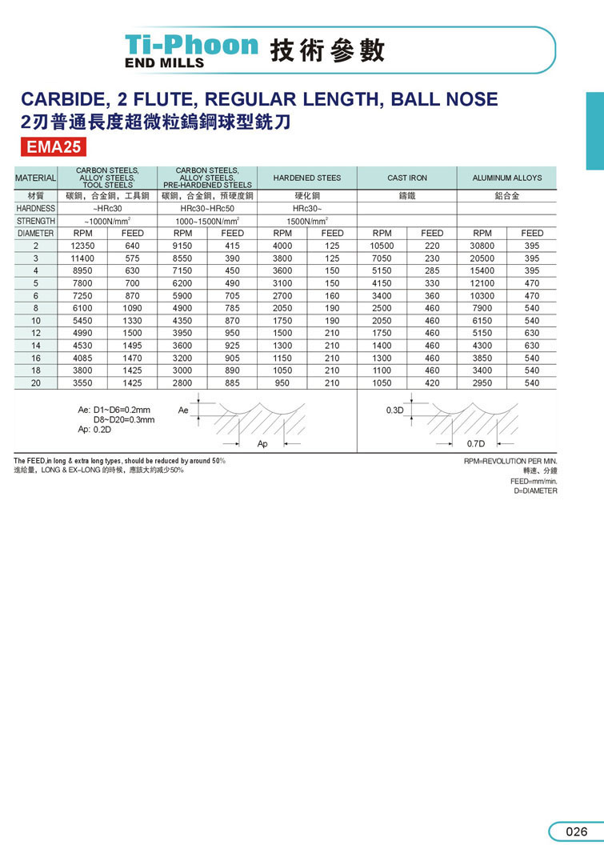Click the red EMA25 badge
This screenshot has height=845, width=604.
coord(50,147)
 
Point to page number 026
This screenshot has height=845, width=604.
coord(576,831)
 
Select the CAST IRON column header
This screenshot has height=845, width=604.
coord(406,178)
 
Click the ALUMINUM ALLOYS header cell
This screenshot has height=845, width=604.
coord(506,178)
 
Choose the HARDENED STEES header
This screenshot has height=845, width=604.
coord(306,178)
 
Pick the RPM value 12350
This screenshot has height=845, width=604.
coord(83,246)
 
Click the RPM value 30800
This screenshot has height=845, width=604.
coord(482,246)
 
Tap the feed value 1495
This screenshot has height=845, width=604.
coord(132,346)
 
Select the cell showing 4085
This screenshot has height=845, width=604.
coord(83,358)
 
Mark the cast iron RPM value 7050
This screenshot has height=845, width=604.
coord(382,258)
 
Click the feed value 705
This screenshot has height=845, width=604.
coord(232,296)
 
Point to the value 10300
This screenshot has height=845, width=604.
coord(482,296)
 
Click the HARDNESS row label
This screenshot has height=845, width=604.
coord(35,208)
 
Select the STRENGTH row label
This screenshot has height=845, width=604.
coord(35,221)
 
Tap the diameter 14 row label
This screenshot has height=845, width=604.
coord(36,346)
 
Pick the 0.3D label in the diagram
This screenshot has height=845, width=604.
coord(395,410)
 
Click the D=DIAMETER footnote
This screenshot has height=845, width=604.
coord(535,491)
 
